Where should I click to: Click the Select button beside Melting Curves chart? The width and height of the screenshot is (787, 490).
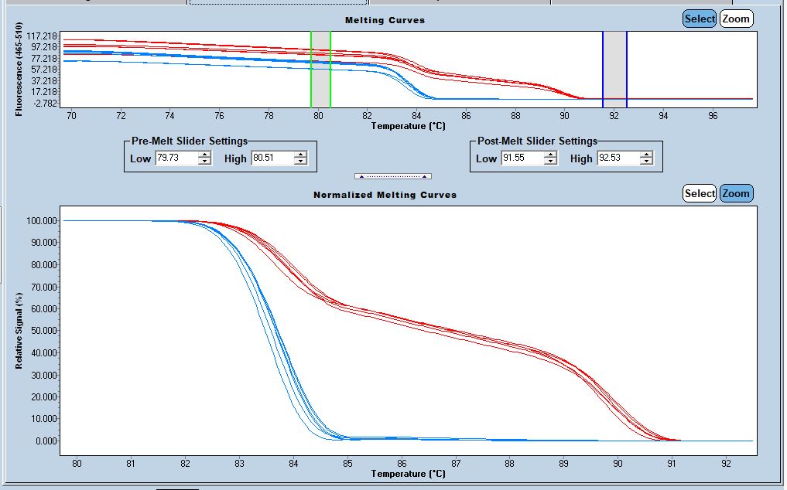[x=699, y=19]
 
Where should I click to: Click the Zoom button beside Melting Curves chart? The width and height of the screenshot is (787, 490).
[x=736, y=19]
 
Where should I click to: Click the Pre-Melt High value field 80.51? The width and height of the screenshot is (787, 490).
[x=272, y=158]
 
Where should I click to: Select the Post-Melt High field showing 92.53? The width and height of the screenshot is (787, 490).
[x=618, y=158]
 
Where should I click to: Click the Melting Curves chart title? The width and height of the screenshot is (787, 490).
[x=385, y=20]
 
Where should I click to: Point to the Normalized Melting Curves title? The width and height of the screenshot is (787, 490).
[x=385, y=195]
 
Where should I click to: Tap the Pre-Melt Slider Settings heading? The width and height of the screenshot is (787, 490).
[x=189, y=141]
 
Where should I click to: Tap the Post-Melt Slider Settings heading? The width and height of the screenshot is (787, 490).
[x=535, y=141]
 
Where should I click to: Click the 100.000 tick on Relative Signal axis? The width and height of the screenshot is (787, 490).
[x=40, y=221]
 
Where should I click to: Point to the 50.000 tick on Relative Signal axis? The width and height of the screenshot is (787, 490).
[x=42, y=331]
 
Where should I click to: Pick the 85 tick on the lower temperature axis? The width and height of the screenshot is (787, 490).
[x=347, y=464]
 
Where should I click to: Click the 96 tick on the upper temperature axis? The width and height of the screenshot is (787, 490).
[x=713, y=116]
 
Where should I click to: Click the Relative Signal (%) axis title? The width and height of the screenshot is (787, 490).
[x=19, y=330]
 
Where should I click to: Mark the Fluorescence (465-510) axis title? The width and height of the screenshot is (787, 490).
[x=19, y=70]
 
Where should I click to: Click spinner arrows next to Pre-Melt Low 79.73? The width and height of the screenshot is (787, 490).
[x=204, y=158]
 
